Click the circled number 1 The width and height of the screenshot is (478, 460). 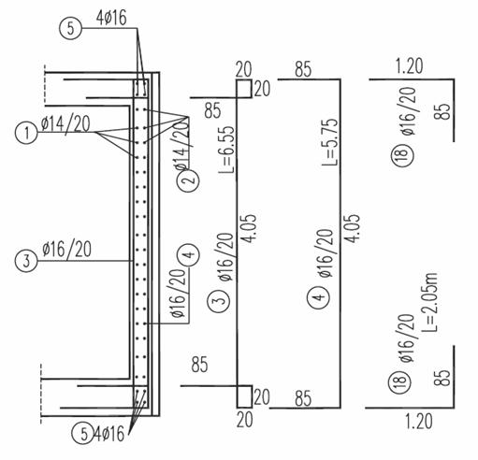coord(26,133)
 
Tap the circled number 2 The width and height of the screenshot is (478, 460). coord(188,180)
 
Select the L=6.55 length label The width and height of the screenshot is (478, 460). coord(226,150)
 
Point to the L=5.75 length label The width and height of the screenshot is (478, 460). coord(330,142)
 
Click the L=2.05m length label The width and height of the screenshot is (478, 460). coord(430,302)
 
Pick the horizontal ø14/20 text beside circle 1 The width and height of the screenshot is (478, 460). coord(65,124)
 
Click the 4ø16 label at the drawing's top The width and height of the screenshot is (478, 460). coord(111,18)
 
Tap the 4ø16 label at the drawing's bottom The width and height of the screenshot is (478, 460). coord(109,434)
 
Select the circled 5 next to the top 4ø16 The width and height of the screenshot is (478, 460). coord(71,28)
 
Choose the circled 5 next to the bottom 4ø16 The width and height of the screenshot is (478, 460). coord(83,434)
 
